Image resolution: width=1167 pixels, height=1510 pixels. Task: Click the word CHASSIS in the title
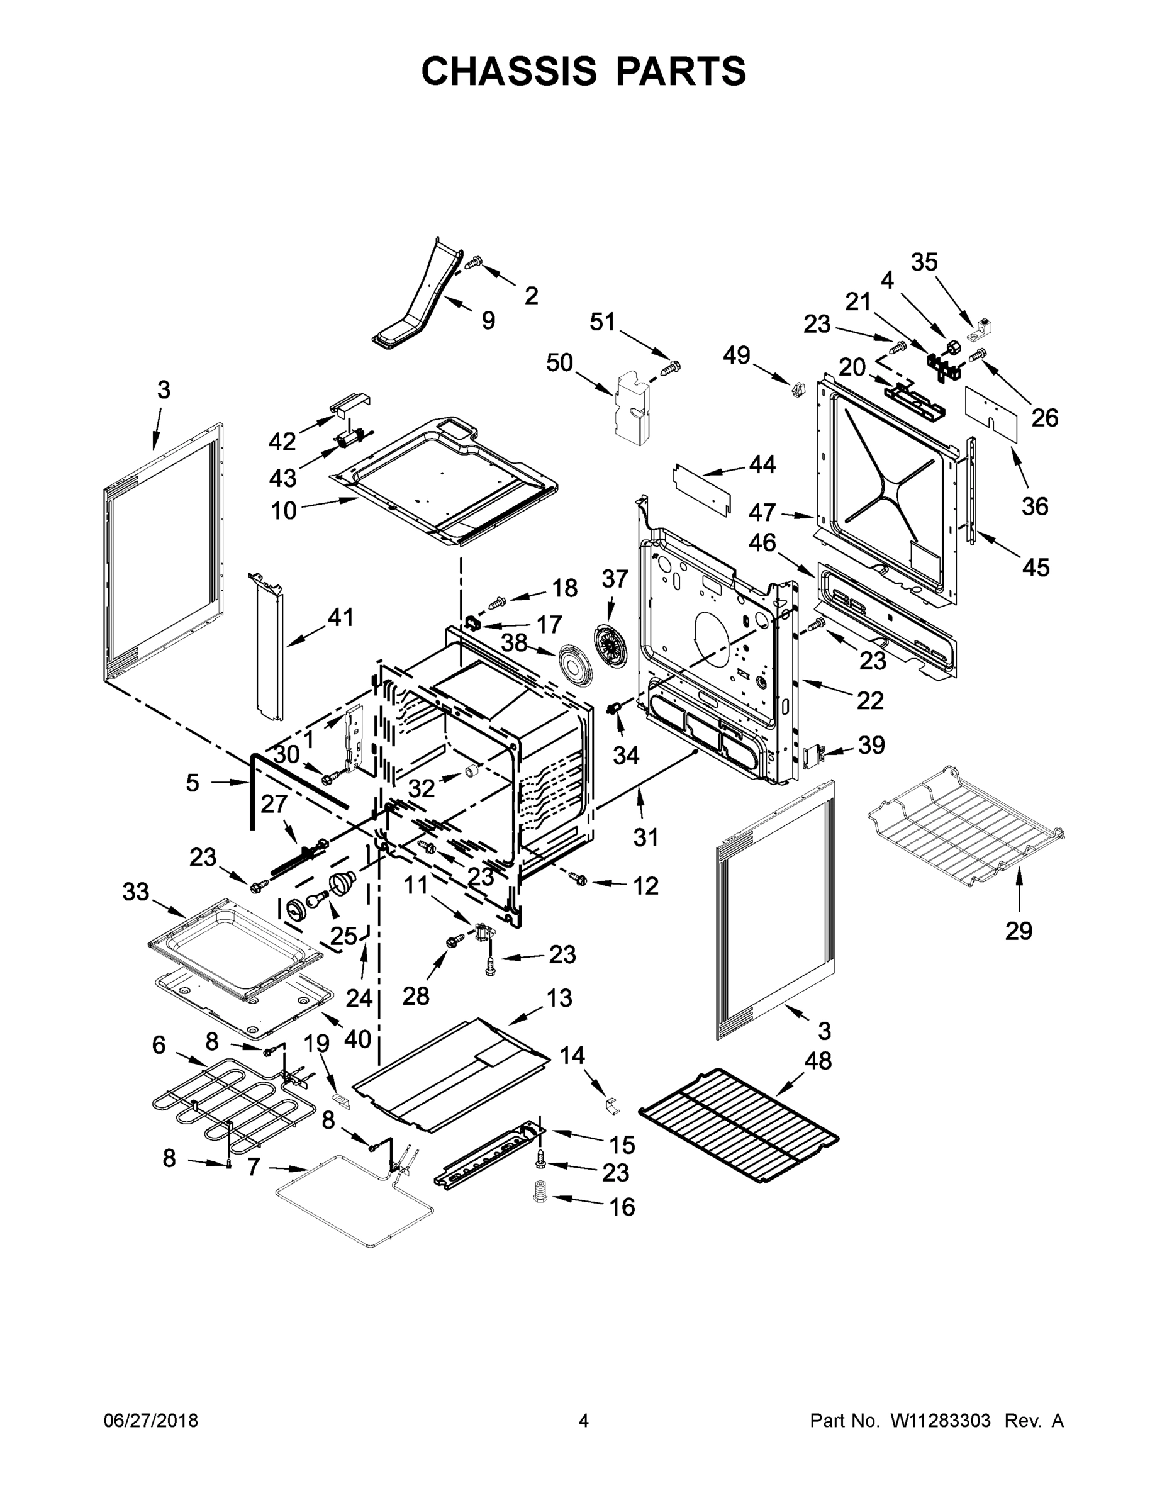(x=509, y=70)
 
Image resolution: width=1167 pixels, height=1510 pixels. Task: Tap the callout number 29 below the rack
(x=1019, y=931)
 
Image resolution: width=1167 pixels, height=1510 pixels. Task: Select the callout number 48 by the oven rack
(x=818, y=1060)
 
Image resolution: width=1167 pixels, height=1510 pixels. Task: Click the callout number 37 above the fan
(x=615, y=579)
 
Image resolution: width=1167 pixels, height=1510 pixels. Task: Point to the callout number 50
(x=559, y=362)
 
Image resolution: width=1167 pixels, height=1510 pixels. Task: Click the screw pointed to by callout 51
(x=672, y=367)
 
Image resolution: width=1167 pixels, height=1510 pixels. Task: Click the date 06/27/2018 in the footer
(x=151, y=1420)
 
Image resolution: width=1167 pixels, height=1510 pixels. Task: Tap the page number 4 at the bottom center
(x=584, y=1420)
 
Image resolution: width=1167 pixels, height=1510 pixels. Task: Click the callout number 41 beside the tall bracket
(x=340, y=617)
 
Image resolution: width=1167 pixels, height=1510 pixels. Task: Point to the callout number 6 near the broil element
(x=159, y=1044)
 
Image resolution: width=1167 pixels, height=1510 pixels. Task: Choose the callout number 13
(x=559, y=998)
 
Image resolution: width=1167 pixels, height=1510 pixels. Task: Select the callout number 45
(x=1035, y=567)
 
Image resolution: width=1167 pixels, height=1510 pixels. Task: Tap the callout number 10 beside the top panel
(x=284, y=510)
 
